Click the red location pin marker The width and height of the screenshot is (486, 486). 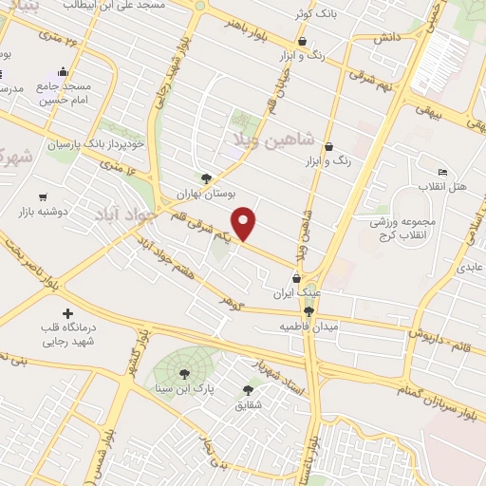[x=245, y=224]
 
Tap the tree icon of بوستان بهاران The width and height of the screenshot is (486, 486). [x=206, y=178]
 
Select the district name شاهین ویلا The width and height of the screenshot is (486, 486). [x=270, y=139]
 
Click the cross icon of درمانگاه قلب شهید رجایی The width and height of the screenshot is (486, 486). [x=66, y=313]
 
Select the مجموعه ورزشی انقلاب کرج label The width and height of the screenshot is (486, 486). [x=402, y=227]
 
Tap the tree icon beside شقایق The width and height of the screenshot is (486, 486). [x=249, y=390]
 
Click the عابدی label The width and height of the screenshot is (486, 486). [x=471, y=269]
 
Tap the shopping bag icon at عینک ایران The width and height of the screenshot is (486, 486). [x=298, y=279]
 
